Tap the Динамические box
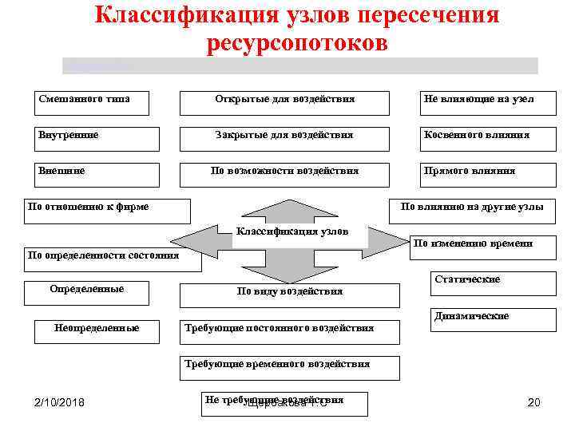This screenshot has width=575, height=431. click(492, 319)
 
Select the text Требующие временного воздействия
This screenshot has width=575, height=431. click(277, 364)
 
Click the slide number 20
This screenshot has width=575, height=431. click(533, 402)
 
